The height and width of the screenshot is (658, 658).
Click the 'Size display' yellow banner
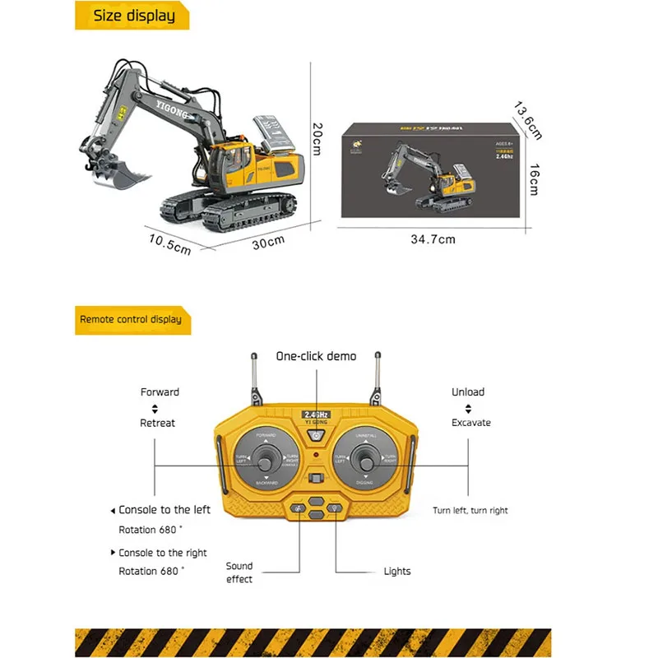coord(132,16)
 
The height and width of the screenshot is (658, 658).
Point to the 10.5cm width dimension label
coord(170,243)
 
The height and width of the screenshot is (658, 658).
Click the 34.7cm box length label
coord(433,239)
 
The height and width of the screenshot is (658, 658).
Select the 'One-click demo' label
coord(316,356)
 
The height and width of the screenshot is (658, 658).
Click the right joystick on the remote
coord(365,458)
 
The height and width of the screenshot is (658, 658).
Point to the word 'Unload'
coord(468,392)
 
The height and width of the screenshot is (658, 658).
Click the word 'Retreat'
coord(158,423)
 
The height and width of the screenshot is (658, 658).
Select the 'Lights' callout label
coord(397,571)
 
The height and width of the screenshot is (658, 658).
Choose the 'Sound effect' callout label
coord(240,572)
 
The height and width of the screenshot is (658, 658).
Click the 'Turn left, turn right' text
coord(470,511)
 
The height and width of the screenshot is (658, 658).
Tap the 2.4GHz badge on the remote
coord(316,414)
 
